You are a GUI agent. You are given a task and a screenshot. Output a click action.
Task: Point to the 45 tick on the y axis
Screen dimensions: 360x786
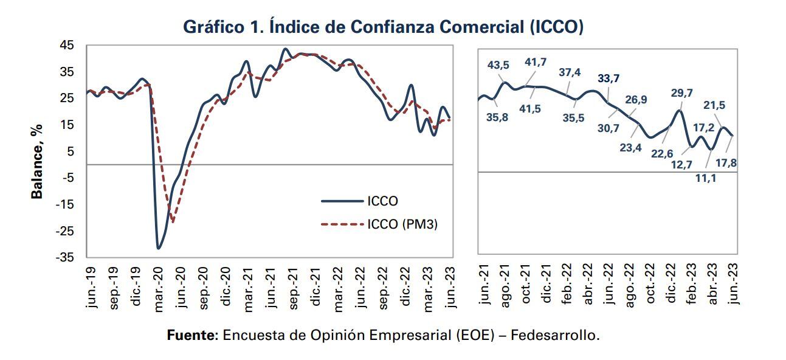(x=67, y=46)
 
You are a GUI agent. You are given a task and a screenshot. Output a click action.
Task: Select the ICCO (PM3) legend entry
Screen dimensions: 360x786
(x=402, y=224)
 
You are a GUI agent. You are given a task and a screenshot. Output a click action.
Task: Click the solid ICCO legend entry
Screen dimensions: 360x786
(x=382, y=201)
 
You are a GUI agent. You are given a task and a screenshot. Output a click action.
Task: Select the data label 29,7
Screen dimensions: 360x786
(x=682, y=92)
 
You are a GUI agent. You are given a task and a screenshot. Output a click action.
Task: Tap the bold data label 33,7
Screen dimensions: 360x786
(x=608, y=78)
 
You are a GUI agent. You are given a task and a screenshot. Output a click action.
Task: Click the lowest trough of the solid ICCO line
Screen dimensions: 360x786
(x=159, y=248)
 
